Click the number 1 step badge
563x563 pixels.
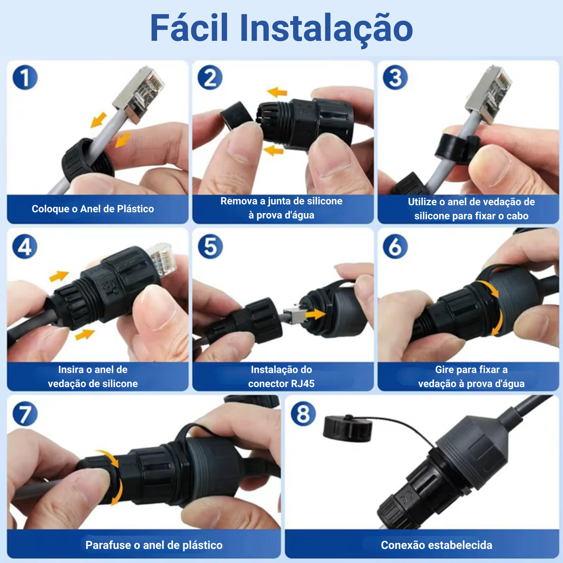coord(25,77)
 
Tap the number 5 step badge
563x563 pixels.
coord(210,247)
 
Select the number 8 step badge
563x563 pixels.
coord(303,414)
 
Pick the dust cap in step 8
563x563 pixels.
coord(347,428)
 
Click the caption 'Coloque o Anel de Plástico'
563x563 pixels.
coord(92,209)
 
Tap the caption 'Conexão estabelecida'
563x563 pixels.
coord(436,545)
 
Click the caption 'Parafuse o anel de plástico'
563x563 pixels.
coord(154,545)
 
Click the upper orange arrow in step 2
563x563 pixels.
coord(277,92)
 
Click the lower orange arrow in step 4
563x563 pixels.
coord(85,335)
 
